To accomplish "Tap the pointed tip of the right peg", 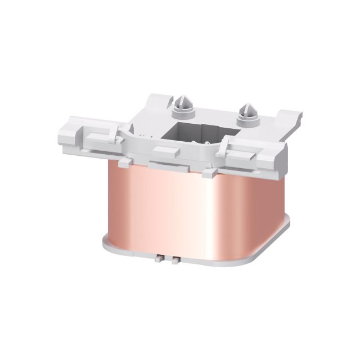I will pyautogui.click(x=247, y=105).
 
